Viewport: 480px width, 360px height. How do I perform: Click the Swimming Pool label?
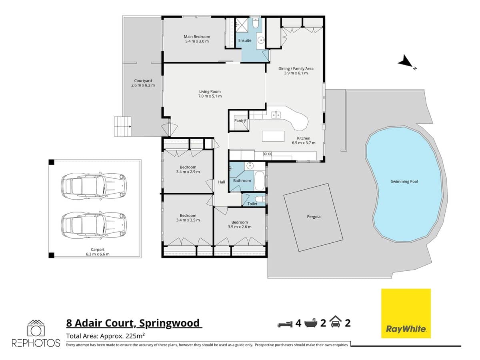[x=404, y=182]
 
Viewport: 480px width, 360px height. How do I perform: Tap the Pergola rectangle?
[x=314, y=217]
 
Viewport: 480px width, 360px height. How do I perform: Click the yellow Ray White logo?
[x=406, y=313]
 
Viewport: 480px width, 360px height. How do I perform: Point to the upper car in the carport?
[x=93, y=186]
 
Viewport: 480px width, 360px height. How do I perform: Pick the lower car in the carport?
[x=93, y=225]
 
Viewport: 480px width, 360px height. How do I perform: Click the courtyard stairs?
[x=123, y=126]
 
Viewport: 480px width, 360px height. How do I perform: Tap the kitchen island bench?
[x=274, y=136]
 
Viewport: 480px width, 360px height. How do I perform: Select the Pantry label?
[x=240, y=120]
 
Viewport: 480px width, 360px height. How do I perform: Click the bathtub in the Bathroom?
[x=260, y=180]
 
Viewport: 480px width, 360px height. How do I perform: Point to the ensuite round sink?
[x=261, y=40]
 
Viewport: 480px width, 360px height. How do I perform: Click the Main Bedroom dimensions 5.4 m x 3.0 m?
[x=197, y=41]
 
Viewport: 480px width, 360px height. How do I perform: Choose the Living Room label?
[x=210, y=92]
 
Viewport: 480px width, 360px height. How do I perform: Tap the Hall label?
[x=222, y=182]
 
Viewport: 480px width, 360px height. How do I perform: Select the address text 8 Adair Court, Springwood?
[x=134, y=323]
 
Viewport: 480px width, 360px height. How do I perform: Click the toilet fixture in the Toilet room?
[x=259, y=199]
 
